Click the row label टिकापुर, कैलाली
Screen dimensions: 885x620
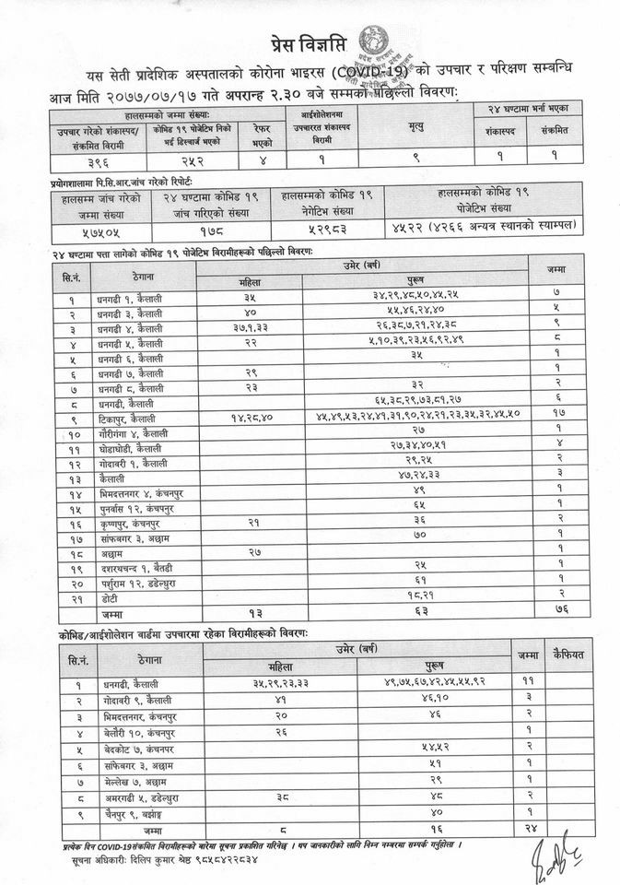(x=130, y=418)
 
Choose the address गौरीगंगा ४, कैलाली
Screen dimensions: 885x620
(x=131, y=431)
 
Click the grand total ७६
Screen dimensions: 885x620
(x=558, y=611)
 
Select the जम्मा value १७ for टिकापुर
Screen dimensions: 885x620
(x=558, y=418)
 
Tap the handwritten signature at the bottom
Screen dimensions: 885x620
(x=556, y=857)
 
